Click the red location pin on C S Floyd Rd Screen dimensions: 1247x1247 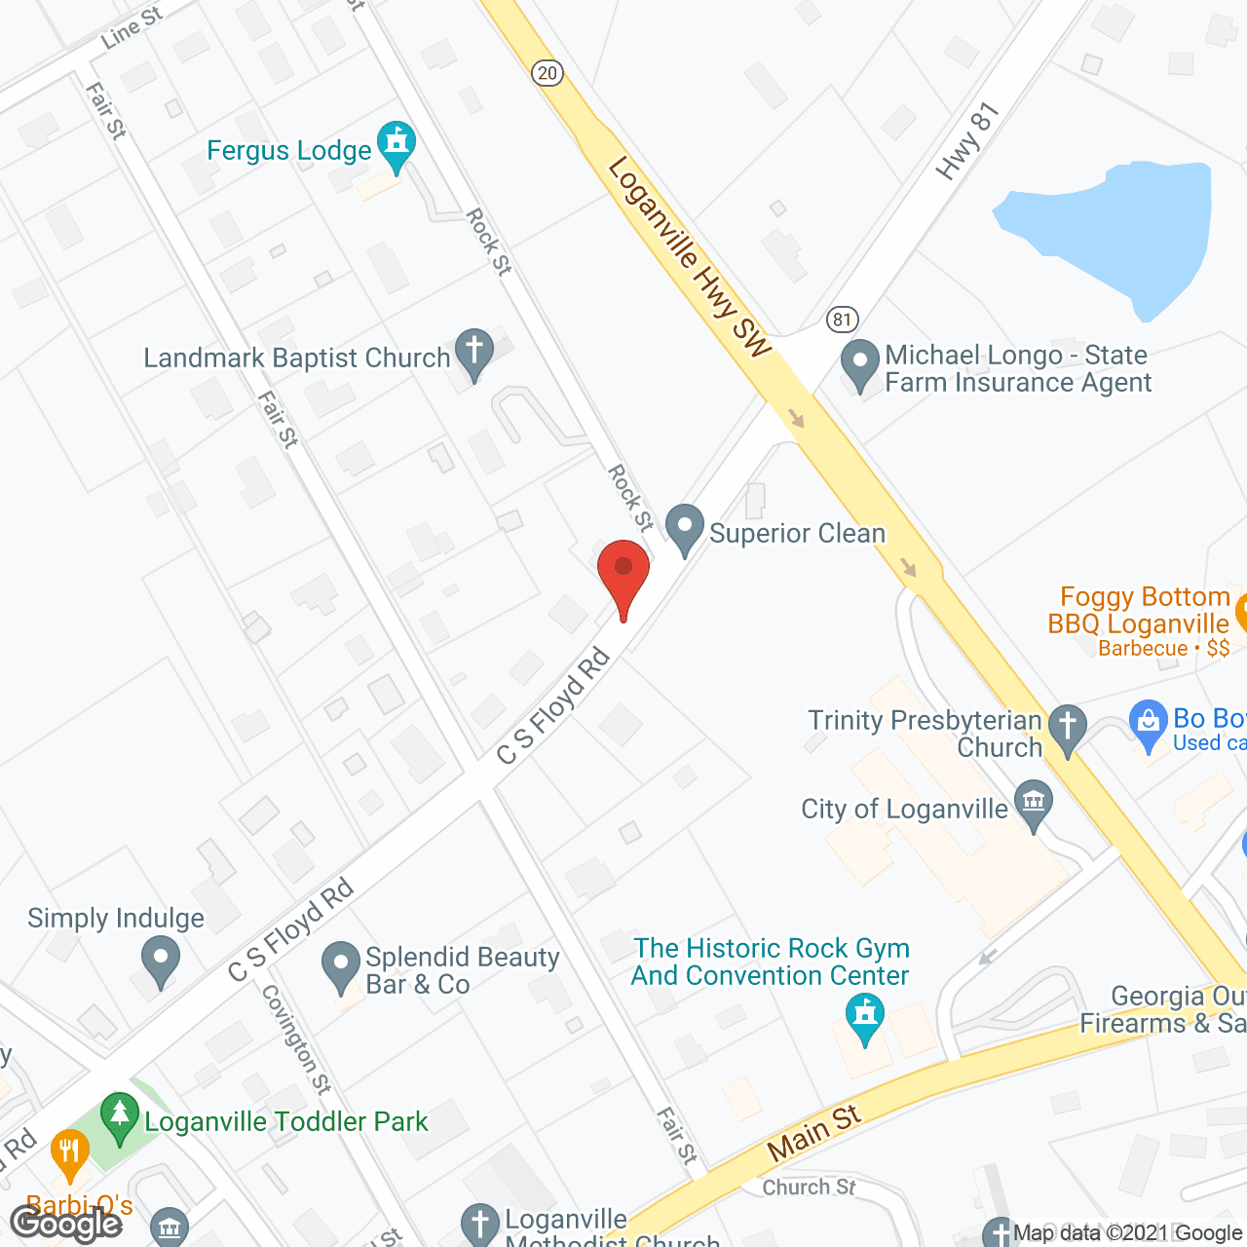[x=623, y=571]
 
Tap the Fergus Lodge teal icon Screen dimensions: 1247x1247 [x=397, y=144]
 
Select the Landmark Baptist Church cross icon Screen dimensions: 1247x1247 [x=474, y=353]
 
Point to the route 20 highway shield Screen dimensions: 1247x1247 [x=548, y=72]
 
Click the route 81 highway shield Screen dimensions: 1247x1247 [x=842, y=319]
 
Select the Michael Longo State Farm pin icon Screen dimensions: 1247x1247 [x=860, y=362]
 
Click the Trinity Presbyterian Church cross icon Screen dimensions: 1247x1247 [x=1068, y=728]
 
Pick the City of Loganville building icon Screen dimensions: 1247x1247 [x=1034, y=804]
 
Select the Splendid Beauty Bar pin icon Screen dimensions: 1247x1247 [x=341, y=964]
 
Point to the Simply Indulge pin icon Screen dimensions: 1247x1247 [x=161, y=959]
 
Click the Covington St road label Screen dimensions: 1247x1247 [x=296, y=1039]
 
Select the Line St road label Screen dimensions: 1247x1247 [x=132, y=28]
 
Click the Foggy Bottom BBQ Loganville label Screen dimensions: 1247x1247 [x=1140, y=611]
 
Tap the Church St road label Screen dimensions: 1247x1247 [x=809, y=1187]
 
